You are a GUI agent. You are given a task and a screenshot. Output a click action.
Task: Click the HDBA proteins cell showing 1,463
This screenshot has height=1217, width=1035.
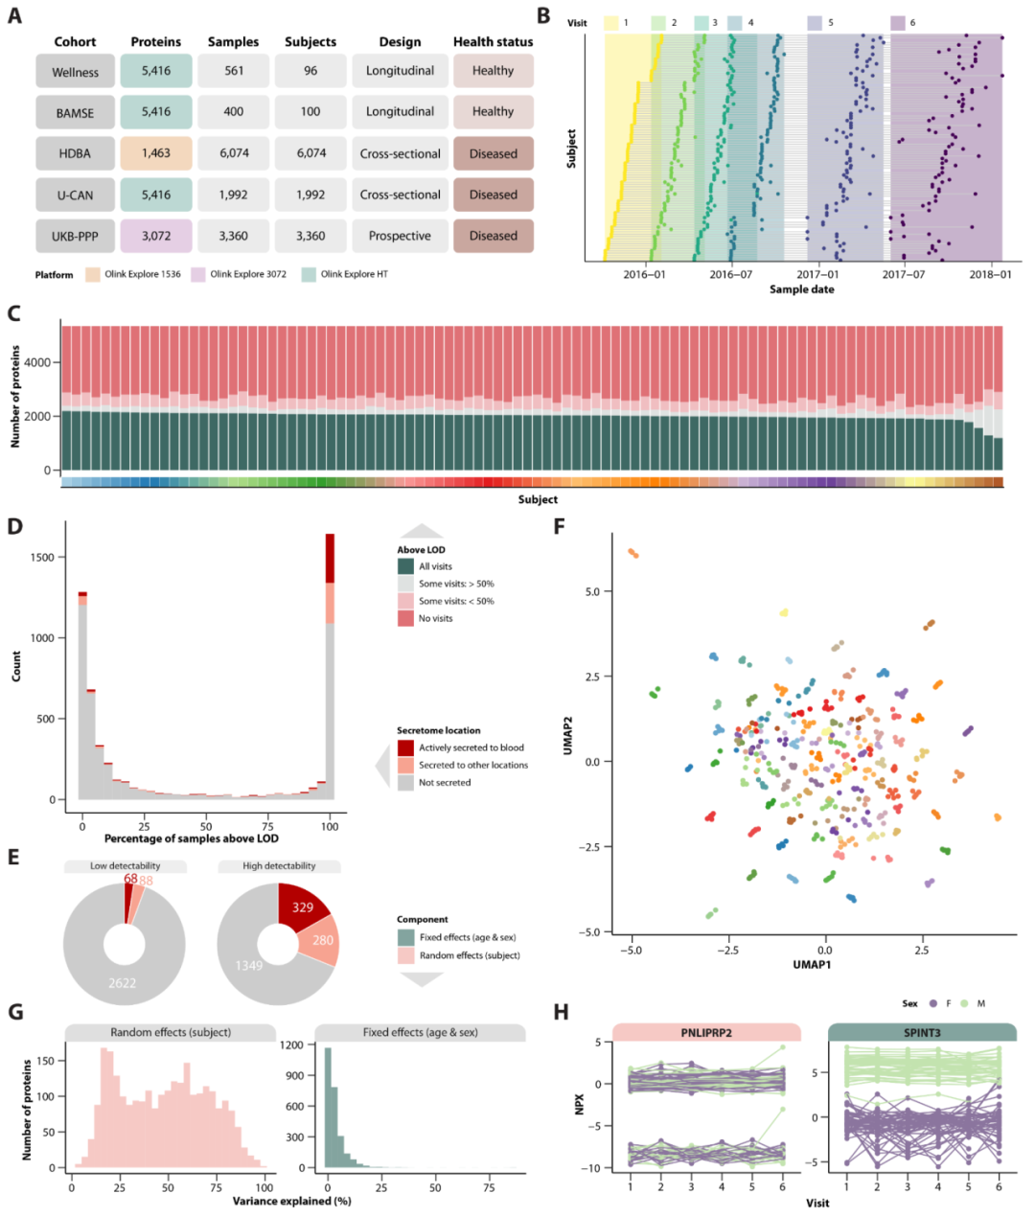(156, 153)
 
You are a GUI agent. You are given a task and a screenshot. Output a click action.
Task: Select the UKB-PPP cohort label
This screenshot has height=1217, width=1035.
(75, 237)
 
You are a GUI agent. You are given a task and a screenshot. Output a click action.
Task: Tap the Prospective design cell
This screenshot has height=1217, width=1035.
(400, 236)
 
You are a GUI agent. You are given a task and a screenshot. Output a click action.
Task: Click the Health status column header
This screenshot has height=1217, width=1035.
(493, 42)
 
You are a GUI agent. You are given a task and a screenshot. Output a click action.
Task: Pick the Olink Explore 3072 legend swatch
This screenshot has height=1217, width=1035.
(198, 275)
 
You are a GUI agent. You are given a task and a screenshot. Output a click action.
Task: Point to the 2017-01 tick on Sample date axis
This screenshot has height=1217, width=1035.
(817, 274)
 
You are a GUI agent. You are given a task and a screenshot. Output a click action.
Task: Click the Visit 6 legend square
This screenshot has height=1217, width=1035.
(898, 23)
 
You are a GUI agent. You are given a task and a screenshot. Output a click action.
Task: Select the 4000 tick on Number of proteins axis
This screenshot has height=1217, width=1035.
(37, 363)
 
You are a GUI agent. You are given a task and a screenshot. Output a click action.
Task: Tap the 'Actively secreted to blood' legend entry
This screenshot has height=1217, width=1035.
(471, 747)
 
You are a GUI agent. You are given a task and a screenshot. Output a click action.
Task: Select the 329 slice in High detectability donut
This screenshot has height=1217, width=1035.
(302, 907)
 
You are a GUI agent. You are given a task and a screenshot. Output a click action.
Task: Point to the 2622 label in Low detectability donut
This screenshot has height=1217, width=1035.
(122, 983)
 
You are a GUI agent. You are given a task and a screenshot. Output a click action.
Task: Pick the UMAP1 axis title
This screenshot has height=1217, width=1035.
(811, 964)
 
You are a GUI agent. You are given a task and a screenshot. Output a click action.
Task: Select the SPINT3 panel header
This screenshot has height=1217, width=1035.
(921, 1032)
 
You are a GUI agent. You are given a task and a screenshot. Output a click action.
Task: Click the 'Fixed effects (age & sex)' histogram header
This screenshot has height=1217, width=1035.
(420, 1032)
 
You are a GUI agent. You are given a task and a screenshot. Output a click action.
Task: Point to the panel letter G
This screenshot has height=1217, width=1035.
(15, 1012)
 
